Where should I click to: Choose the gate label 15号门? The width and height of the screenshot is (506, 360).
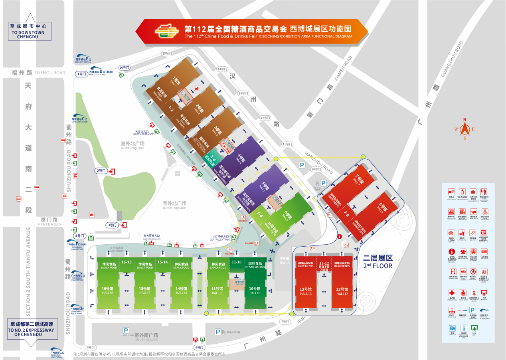166,53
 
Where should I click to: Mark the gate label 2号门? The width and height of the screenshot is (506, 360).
101,171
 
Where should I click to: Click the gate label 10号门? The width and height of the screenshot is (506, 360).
316,170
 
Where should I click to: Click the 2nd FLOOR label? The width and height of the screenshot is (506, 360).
378,262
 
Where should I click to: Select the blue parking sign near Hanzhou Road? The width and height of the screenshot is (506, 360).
302,165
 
